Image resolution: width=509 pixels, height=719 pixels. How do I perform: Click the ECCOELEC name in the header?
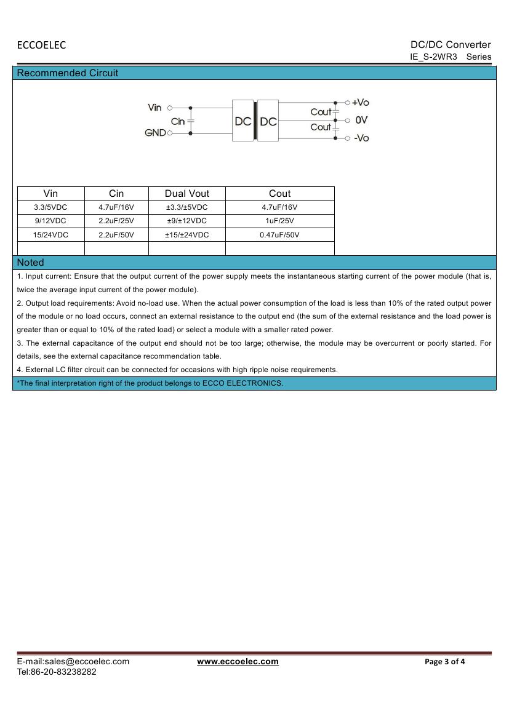[41, 45]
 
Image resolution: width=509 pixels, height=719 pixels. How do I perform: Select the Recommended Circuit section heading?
[68, 73]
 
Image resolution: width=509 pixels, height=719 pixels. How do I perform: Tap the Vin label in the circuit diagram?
[154, 108]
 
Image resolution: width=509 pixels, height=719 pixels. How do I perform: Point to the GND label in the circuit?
[155, 133]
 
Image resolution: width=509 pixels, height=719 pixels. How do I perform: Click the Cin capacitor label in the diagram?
[178, 122]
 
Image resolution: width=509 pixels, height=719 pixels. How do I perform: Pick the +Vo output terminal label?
[360, 103]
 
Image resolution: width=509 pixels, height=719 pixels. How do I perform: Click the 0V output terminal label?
[361, 120]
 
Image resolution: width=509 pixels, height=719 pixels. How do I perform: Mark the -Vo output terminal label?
[361, 138]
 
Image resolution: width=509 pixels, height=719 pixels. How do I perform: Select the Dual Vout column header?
[187, 193]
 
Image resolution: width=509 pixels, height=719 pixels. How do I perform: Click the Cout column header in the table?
[279, 193]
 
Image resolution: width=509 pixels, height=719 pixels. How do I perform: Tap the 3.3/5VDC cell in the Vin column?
[50, 207]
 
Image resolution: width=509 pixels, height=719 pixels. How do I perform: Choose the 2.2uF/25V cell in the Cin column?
[116, 221]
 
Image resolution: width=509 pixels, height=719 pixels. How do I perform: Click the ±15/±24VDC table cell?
[187, 235]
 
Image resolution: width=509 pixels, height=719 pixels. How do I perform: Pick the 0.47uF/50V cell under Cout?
[279, 235]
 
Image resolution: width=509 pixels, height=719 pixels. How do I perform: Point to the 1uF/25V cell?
[279, 221]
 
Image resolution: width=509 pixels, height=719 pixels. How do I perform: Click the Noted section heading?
[31, 263]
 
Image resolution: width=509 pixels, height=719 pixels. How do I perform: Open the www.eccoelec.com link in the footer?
[238, 662]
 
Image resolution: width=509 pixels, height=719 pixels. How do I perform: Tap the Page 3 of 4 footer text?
[445, 662]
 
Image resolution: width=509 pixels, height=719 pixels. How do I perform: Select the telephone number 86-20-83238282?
[64, 672]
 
